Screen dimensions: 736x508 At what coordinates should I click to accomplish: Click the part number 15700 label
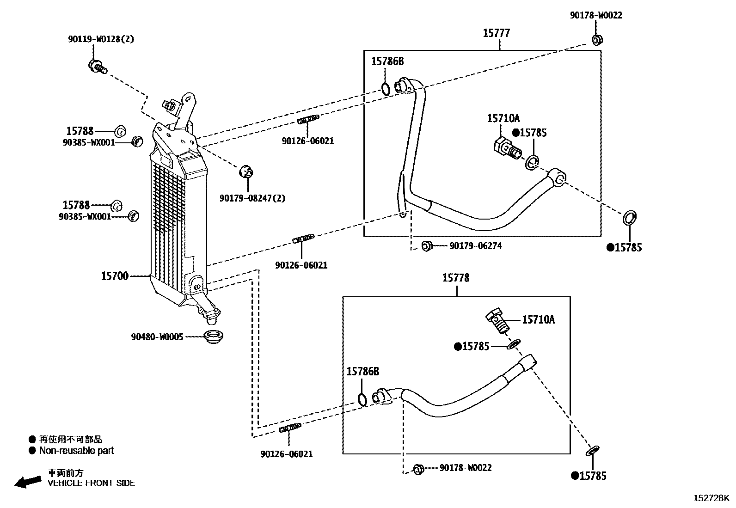point(114,276)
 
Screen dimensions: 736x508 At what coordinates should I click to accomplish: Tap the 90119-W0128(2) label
point(101,39)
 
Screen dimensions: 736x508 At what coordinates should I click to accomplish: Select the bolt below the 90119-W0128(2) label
point(98,67)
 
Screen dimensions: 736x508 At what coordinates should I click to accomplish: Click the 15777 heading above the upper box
point(496,33)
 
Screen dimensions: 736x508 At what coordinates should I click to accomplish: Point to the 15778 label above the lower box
point(456,278)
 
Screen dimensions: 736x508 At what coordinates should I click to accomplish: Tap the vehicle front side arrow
point(28,482)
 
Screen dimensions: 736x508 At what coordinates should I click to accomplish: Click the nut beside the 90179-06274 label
point(427,246)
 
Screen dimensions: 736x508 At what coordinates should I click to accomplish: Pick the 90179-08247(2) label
point(252,198)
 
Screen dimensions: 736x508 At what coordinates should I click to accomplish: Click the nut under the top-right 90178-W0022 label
point(597,40)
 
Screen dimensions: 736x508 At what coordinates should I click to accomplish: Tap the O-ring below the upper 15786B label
point(386,89)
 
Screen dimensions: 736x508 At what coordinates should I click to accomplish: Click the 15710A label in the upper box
point(503,118)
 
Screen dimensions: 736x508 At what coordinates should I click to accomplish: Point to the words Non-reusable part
point(76,450)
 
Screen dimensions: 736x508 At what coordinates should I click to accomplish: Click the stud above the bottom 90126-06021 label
point(290,428)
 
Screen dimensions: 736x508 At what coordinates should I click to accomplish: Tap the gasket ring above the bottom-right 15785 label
point(592,451)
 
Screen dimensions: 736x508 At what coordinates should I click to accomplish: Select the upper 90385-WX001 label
point(89,143)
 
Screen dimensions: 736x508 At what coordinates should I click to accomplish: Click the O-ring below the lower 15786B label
point(362,399)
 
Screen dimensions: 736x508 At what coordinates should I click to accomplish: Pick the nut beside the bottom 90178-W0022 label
point(418,469)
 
